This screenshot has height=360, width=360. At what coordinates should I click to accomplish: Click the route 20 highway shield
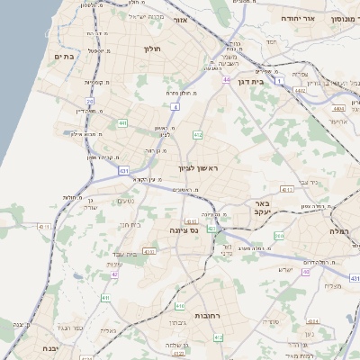point(89,102)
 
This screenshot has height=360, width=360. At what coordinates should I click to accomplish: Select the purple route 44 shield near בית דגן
point(226,80)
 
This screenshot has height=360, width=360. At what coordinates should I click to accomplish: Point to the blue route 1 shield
point(280,82)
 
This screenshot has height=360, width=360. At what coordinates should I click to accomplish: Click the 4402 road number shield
point(301,91)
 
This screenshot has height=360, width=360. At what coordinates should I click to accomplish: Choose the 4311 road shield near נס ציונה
point(149,251)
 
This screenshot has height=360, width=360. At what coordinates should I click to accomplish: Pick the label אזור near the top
point(180,19)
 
